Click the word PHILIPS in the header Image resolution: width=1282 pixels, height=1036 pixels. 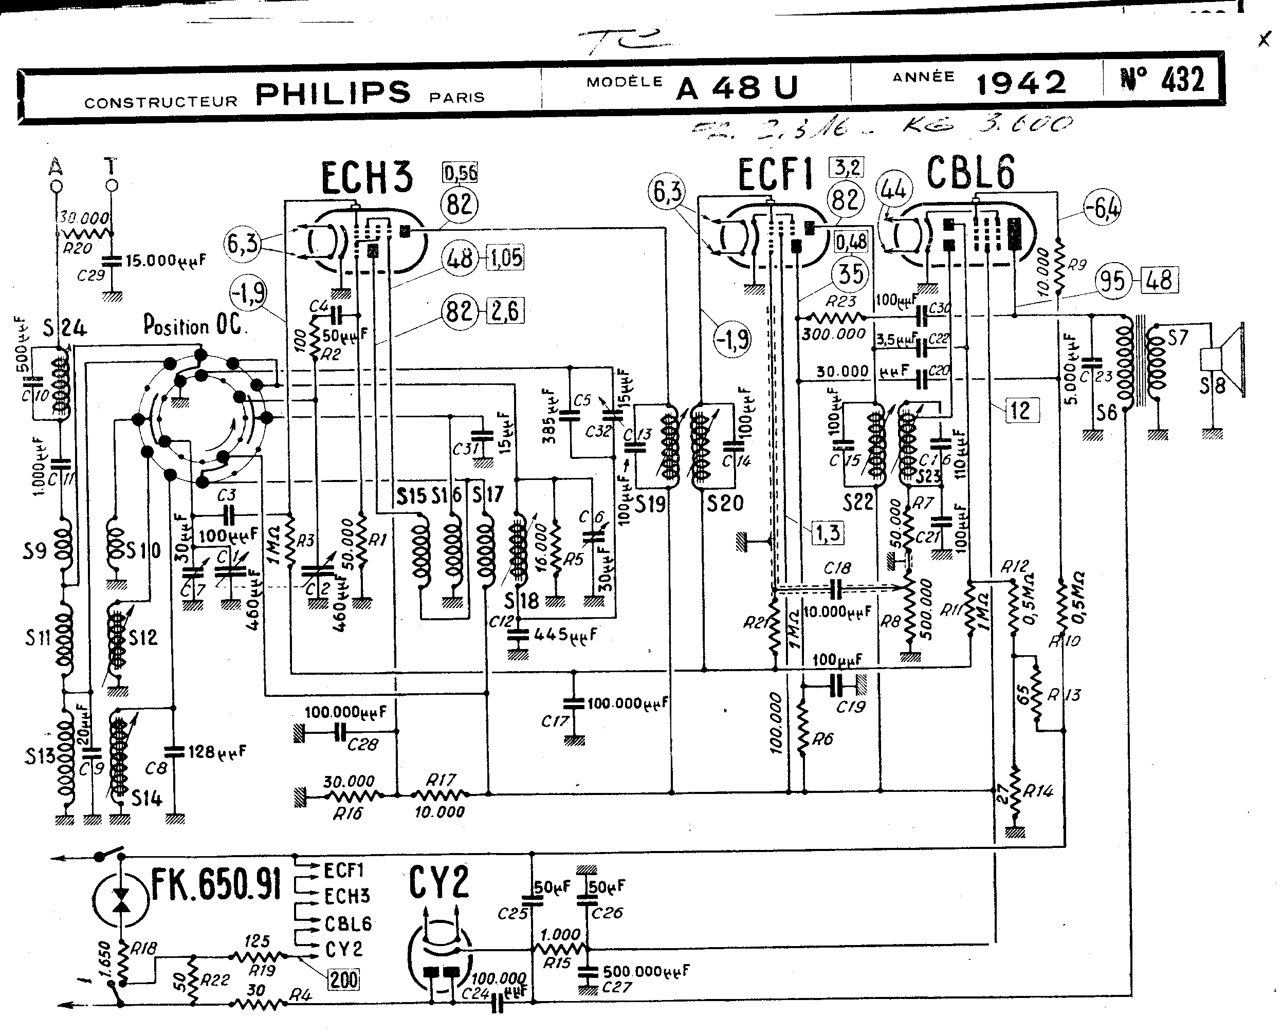tap(333, 92)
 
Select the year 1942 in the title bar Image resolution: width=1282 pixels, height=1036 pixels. tap(1020, 83)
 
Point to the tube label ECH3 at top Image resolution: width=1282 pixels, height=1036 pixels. tap(367, 177)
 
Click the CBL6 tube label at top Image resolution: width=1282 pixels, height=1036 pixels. tap(970, 173)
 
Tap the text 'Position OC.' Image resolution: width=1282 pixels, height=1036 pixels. tap(192, 326)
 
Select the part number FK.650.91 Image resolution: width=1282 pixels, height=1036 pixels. tap(215, 884)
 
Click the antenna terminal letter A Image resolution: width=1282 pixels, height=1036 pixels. tap(56, 166)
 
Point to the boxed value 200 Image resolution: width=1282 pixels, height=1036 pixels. tap(344, 979)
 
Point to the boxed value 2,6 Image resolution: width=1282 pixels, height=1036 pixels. tap(505, 311)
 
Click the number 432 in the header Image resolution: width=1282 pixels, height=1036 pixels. tap(1182, 80)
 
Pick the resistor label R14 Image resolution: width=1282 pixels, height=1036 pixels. tap(1038, 792)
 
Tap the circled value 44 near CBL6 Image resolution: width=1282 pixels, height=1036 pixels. tap(893, 189)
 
